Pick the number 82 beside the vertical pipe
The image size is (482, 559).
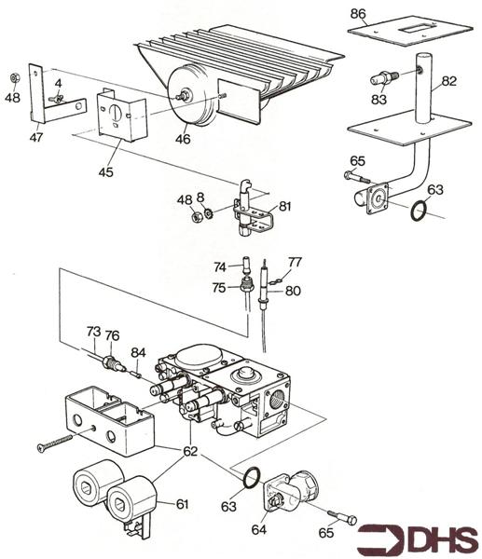(x=449, y=82)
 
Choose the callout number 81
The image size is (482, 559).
(x=284, y=207)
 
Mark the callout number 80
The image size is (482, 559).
(x=293, y=290)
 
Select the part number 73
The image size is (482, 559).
(x=93, y=331)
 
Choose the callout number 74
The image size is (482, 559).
(x=220, y=266)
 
